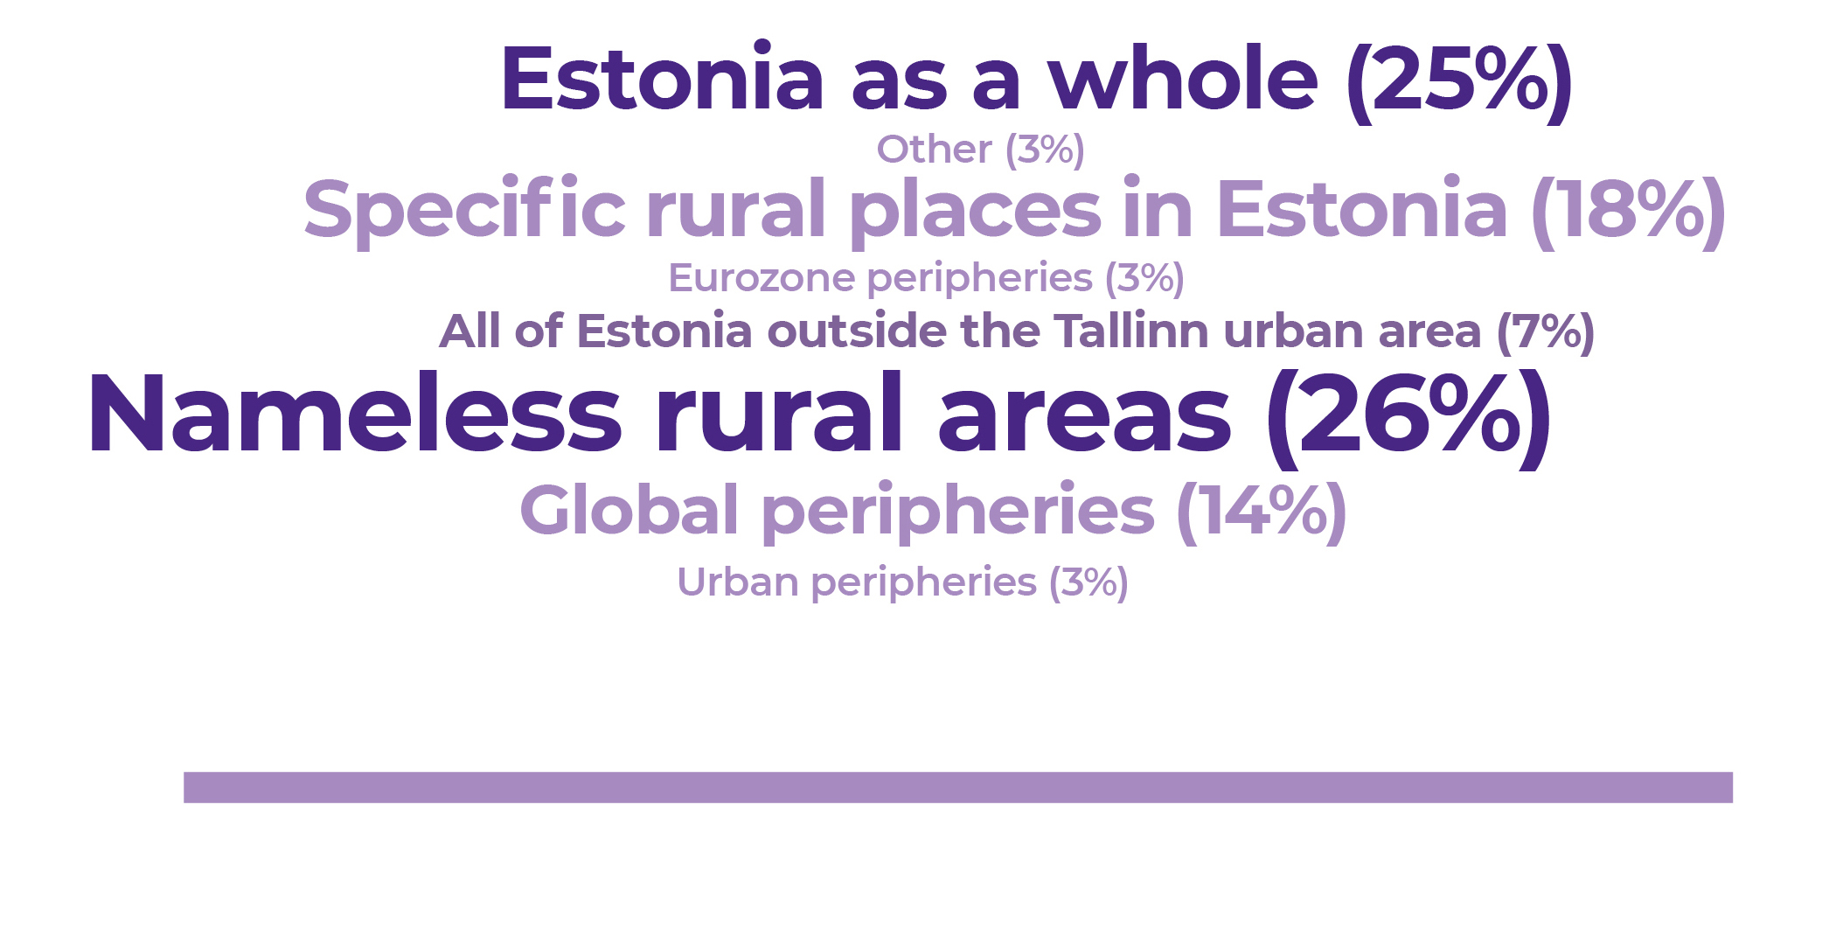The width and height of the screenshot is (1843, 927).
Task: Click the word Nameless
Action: point(355,413)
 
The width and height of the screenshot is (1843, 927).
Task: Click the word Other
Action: point(935,150)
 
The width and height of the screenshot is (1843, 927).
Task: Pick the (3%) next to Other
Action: point(1045,150)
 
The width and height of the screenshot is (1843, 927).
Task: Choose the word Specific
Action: point(464,210)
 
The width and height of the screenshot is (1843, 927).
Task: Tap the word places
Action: point(975,210)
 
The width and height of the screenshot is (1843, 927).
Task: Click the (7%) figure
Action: point(1546,332)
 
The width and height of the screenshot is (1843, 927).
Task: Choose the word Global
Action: point(629,509)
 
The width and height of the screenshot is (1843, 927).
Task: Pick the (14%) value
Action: point(1262,512)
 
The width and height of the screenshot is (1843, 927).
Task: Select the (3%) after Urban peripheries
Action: point(1088,583)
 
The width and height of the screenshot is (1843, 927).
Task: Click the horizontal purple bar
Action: point(958,787)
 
